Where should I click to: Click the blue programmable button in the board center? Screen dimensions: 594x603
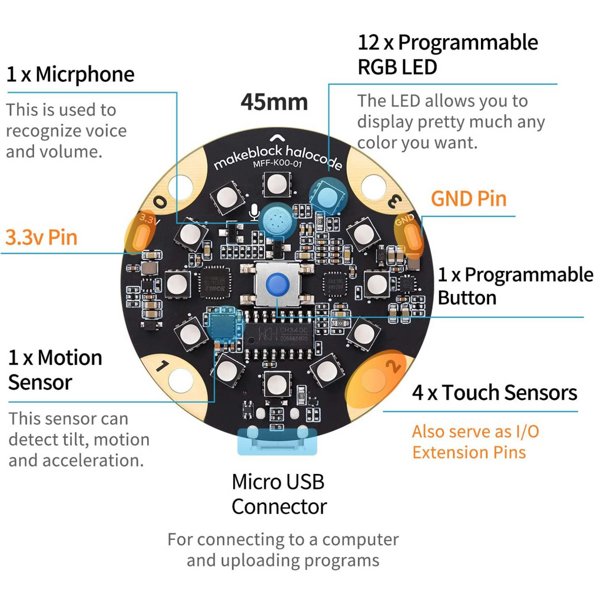[278, 284]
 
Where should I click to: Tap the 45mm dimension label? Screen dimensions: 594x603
[274, 102]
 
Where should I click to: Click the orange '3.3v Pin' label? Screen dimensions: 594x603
[42, 237]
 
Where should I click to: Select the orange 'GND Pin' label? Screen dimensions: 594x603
[469, 199]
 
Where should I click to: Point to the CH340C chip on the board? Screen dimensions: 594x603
[279, 334]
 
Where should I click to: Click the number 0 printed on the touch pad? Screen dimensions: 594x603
[160, 201]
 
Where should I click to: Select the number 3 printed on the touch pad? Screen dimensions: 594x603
[395, 201]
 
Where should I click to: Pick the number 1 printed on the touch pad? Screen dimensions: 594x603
[162, 366]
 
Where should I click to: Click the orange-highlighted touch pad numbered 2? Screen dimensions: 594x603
[376, 379]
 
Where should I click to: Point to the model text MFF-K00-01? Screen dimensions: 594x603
[277, 163]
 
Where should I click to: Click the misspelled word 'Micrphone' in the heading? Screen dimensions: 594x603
[85, 75]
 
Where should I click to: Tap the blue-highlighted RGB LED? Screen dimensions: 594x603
[328, 196]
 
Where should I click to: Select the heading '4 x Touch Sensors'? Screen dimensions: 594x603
[495, 393]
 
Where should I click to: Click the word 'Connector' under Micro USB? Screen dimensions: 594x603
[280, 507]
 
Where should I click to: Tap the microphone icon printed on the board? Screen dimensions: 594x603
[254, 212]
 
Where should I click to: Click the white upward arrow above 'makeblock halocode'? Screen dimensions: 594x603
[277, 138]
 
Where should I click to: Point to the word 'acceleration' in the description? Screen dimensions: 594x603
[93, 460]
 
